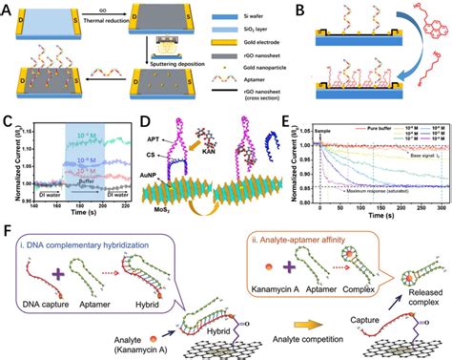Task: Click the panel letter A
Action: (x=9, y=9)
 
